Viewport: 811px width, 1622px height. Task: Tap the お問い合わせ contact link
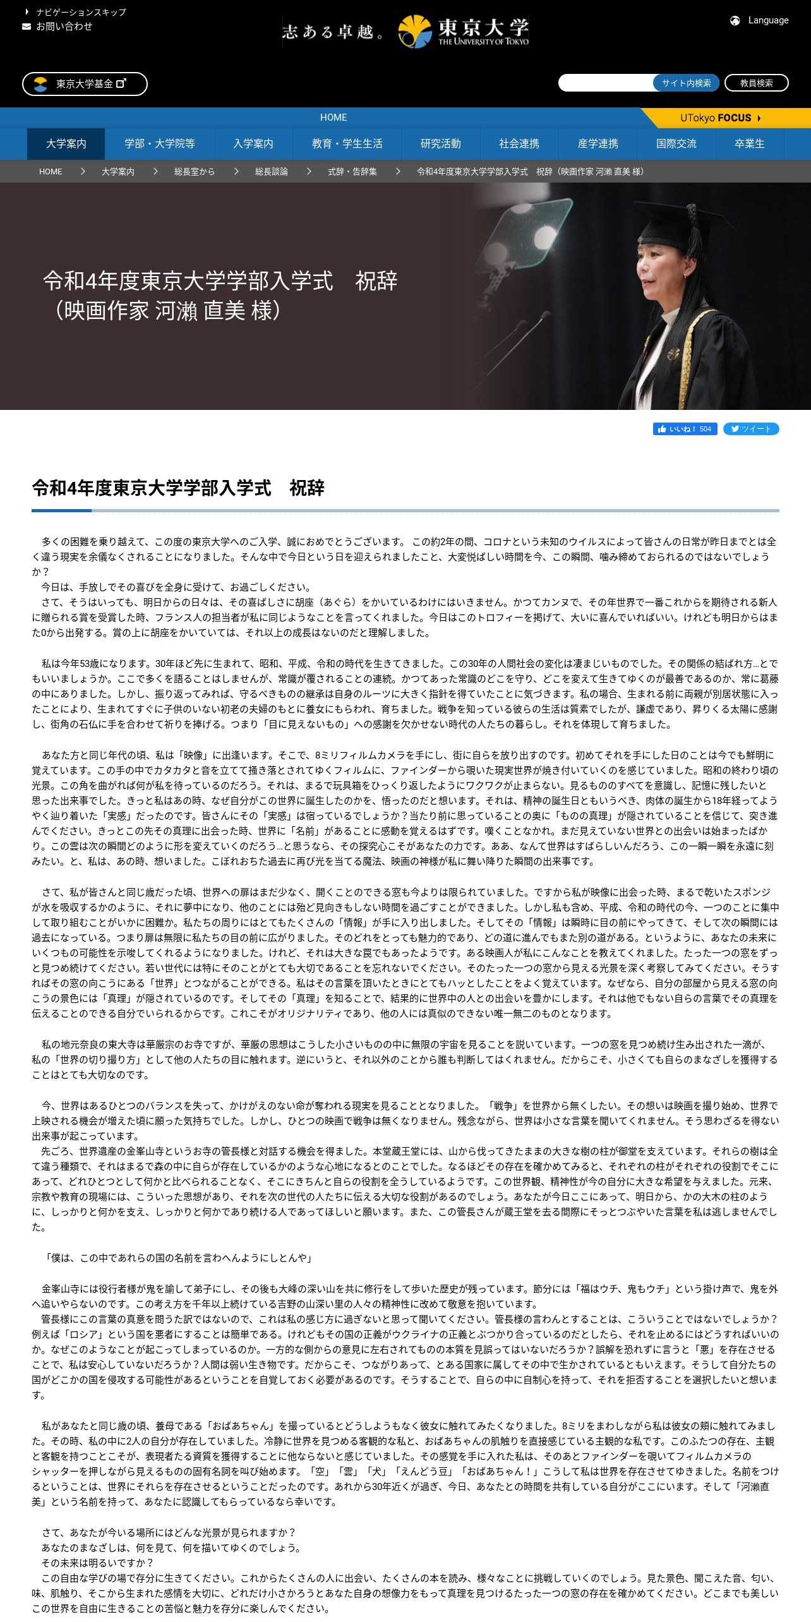[64, 27]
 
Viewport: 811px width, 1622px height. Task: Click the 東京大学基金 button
[85, 84]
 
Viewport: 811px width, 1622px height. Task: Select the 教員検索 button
[756, 83]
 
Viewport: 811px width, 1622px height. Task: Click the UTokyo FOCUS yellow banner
[720, 118]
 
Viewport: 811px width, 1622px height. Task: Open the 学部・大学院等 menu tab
[160, 144]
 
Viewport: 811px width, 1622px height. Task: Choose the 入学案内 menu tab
[253, 144]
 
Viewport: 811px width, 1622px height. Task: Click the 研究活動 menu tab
[441, 144]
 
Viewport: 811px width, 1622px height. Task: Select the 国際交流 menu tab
[676, 144]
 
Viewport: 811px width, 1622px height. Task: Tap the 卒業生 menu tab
[750, 144]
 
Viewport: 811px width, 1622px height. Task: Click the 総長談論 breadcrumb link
[272, 172]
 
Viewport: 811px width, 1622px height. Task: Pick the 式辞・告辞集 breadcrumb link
[352, 172]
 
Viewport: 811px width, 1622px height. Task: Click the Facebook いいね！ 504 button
[685, 429]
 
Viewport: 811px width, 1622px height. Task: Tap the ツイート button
[751, 429]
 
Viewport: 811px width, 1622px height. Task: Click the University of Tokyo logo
[464, 32]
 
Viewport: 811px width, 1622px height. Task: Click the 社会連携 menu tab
[519, 144]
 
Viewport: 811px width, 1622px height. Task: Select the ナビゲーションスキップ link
[81, 12]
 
